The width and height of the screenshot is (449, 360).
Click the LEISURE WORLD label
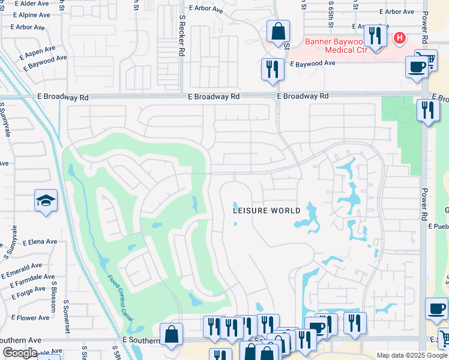coord(267,211)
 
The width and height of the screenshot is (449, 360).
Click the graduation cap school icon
coord(46,201)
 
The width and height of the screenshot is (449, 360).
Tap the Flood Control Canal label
coord(119,296)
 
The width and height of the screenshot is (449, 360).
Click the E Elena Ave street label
coord(40,242)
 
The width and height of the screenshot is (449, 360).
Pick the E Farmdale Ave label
coord(28,280)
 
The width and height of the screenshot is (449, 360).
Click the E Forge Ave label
coord(28,292)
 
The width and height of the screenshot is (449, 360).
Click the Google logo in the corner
coord(19,353)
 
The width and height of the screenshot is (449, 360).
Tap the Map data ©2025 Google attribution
coord(411,355)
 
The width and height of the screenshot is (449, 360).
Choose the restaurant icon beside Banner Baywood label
coord(375,36)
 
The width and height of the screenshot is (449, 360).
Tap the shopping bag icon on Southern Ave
coord(171,335)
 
